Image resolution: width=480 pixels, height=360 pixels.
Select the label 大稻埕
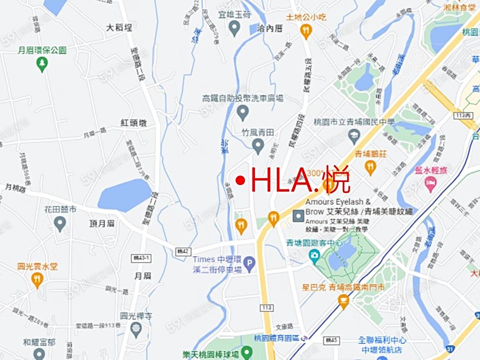[119, 27]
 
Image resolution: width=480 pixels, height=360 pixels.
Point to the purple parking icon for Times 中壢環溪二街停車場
[249, 262]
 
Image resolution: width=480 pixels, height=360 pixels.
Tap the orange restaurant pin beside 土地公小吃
[306, 30]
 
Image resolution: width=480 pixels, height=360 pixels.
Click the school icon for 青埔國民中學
[354, 137]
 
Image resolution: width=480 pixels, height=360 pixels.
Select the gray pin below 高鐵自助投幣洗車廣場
[243, 112]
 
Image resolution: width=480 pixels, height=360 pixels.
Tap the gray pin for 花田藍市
[60, 222]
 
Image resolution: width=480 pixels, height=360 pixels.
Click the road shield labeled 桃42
[183, 251]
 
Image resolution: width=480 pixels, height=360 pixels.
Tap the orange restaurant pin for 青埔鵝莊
[370, 167]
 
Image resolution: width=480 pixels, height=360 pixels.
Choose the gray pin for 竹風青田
[258, 145]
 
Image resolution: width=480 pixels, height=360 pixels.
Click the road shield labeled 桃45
[331, 339]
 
